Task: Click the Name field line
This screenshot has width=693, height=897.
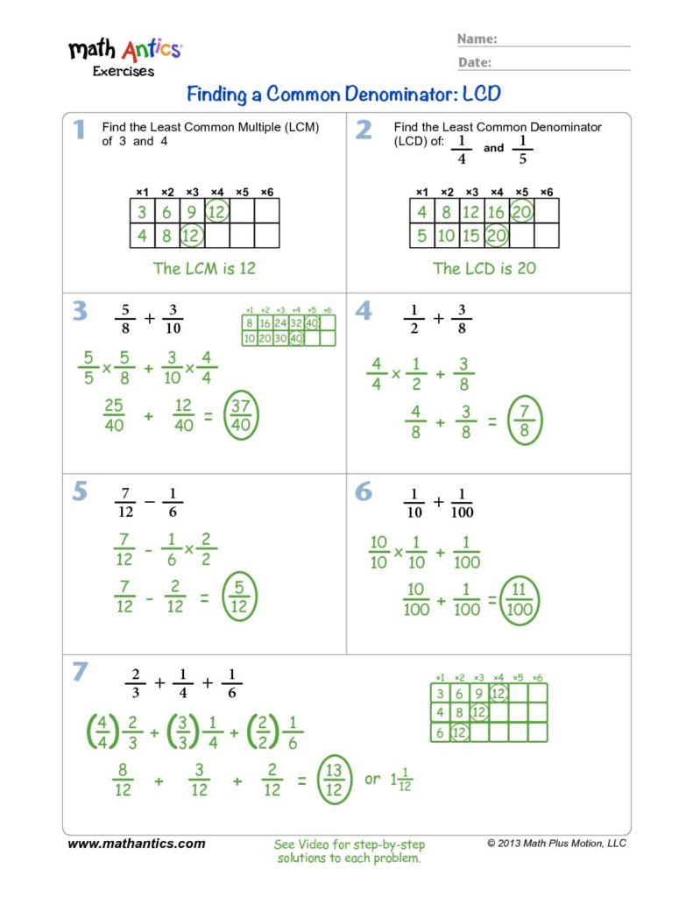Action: (x=565, y=45)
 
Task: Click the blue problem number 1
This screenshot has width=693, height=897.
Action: (x=79, y=131)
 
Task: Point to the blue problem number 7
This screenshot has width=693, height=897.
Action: (x=80, y=672)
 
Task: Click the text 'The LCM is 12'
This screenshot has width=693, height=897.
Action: (x=204, y=268)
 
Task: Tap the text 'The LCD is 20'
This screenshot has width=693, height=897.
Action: (x=484, y=268)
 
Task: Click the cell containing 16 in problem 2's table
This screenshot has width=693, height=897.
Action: (x=497, y=211)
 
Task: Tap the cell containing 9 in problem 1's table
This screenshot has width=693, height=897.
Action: (x=192, y=211)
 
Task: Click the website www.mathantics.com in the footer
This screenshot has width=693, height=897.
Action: (x=137, y=844)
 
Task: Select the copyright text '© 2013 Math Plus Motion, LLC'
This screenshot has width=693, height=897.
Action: (x=556, y=843)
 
